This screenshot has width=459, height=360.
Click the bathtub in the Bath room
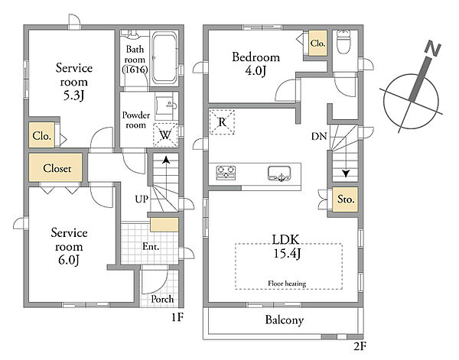click(x=164, y=57)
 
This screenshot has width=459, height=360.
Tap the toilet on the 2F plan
click(x=343, y=41)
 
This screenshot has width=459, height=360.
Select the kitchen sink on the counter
click(x=279, y=174)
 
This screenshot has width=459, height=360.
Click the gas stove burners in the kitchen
click(x=226, y=173)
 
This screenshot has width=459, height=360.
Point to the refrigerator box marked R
click(x=222, y=122)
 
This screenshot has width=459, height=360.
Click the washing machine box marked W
click(x=166, y=135)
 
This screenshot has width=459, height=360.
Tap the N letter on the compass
click(x=433, y=49)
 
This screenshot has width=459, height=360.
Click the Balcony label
click(x=285, y=320)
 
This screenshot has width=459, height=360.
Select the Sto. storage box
click(x=345, y=199)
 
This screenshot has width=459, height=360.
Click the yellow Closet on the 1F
click(x=56, y=168)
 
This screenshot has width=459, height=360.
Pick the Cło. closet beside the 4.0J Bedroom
click(x=317, y=44)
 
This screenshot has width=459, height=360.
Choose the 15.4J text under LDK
click(x=287, y=253)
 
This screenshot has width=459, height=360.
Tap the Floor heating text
click(x=287, y=284)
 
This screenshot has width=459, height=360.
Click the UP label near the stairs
click(x=142, y=199)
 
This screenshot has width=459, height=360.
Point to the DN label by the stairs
click(x=319, y=136)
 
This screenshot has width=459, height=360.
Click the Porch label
click(x=162, y=299)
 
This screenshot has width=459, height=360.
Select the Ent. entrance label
click(x=151, y=247)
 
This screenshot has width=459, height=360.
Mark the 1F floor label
click(x=177, y=317)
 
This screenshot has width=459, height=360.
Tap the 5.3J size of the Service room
click(x=73, y=96)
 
